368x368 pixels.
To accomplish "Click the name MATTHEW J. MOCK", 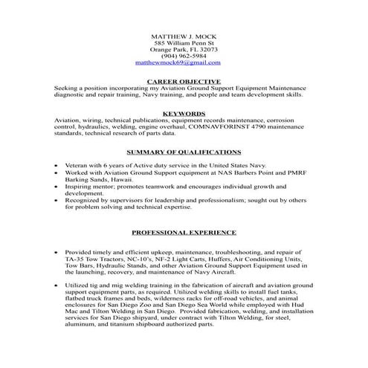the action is tap(183, 36).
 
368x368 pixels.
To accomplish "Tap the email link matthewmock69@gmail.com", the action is tap(183, 64).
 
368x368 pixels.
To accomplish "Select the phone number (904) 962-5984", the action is tap(183, 57).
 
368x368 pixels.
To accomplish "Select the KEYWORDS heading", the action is tap(184, 112).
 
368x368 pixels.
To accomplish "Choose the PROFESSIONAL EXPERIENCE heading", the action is tap(184, 232).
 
